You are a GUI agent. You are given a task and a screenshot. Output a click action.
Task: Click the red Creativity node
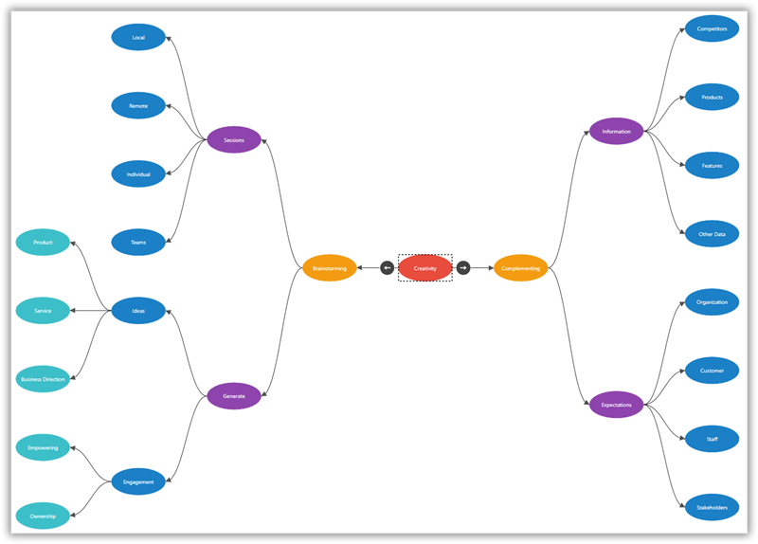tap(425, 268)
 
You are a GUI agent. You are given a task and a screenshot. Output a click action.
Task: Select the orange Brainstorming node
tap(330, 268)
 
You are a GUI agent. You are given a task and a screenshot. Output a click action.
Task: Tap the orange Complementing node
tap(521, 268)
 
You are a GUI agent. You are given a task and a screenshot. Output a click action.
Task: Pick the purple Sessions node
tap(234, 140)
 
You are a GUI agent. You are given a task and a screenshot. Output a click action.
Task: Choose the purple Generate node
tap(234, 396)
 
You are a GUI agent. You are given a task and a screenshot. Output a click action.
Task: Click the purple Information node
tap(617, 132)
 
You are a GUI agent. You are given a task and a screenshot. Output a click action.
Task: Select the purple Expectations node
tap(617, 405)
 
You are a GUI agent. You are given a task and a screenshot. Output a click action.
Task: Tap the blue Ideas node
tap(138, 311)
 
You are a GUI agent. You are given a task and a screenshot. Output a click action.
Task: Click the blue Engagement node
tap(138, 481)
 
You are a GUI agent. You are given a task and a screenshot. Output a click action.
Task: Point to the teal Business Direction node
tap(43, 379)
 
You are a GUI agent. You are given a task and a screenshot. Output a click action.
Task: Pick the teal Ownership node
tap(43, 517)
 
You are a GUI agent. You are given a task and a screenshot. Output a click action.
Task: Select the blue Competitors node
tap(712, 28)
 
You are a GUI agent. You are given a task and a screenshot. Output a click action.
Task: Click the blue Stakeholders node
tap(712, 508)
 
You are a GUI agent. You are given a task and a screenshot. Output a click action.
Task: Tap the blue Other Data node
tap(712, 234)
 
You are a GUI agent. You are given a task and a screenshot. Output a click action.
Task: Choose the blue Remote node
tap(138, 106)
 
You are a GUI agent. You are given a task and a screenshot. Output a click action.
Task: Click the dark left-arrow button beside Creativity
tap(388, 268)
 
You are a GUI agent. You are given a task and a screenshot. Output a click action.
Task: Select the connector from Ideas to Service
tap(91, 311)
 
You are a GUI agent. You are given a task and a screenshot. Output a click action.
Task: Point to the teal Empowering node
tap(43, 447)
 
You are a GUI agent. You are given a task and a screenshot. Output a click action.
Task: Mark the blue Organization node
tap(712, 302)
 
